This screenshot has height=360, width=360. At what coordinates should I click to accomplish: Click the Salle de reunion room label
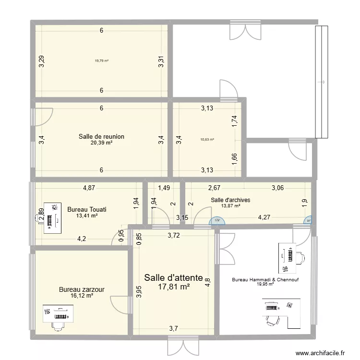coord(101,137)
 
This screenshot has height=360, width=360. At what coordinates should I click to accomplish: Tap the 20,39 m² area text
coord(101,143)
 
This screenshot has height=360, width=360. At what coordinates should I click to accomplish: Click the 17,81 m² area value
coord(174,287)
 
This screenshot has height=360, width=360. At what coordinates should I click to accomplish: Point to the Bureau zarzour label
coord(82,289)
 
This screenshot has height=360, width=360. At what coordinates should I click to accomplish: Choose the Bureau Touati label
coord(87,210)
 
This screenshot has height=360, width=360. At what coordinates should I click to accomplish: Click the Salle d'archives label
coord(230,200)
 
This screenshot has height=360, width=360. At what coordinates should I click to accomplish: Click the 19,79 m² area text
coord(101,61)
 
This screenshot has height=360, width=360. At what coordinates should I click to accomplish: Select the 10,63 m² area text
coord(207,140)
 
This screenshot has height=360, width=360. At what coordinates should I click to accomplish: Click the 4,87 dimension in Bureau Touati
coord(88,188)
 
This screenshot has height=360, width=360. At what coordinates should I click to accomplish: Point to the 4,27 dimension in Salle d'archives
coord(264,218)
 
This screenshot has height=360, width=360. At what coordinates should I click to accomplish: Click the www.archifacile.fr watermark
coord(320,353)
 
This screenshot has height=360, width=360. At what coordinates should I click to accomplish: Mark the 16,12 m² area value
coord(82,296)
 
